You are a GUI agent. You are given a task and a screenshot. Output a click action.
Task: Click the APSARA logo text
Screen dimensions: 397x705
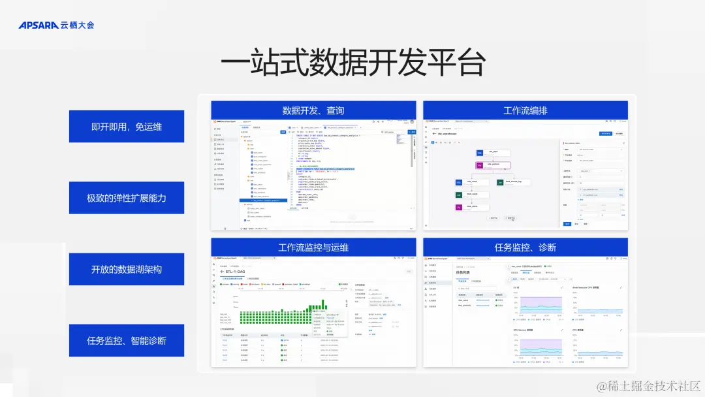click(x=38, y=25)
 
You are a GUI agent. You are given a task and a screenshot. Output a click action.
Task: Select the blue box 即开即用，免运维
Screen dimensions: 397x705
click(x=127, y=127)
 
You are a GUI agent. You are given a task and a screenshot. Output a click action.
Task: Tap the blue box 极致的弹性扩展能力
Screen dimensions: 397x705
click(x=127, y=198)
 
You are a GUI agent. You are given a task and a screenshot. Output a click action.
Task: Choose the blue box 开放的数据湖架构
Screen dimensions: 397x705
click(x=127, y=269)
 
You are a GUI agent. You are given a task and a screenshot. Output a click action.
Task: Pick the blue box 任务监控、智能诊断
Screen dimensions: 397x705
click(x=127, y=340)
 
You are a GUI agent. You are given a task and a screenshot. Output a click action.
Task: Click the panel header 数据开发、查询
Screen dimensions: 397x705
click(x=313, y=110)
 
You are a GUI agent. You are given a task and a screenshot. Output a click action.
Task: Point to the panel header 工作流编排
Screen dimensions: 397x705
click(x=525, y=110)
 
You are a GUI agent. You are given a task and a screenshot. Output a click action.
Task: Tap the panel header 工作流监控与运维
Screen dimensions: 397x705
click(x=313, y=247)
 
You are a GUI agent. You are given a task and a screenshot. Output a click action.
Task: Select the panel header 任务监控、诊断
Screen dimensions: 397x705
click(x=525, y=247)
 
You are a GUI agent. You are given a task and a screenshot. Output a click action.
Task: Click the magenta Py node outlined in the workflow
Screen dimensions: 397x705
click(x=478, y=166)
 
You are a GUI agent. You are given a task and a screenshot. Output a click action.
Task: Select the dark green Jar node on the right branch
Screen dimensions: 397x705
click(x=500, y=182)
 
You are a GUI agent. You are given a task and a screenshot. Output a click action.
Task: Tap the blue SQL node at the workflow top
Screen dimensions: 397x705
click(x=479, y=153)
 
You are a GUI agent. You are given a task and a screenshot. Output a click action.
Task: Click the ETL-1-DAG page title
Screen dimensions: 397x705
click(x=238, y=271)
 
